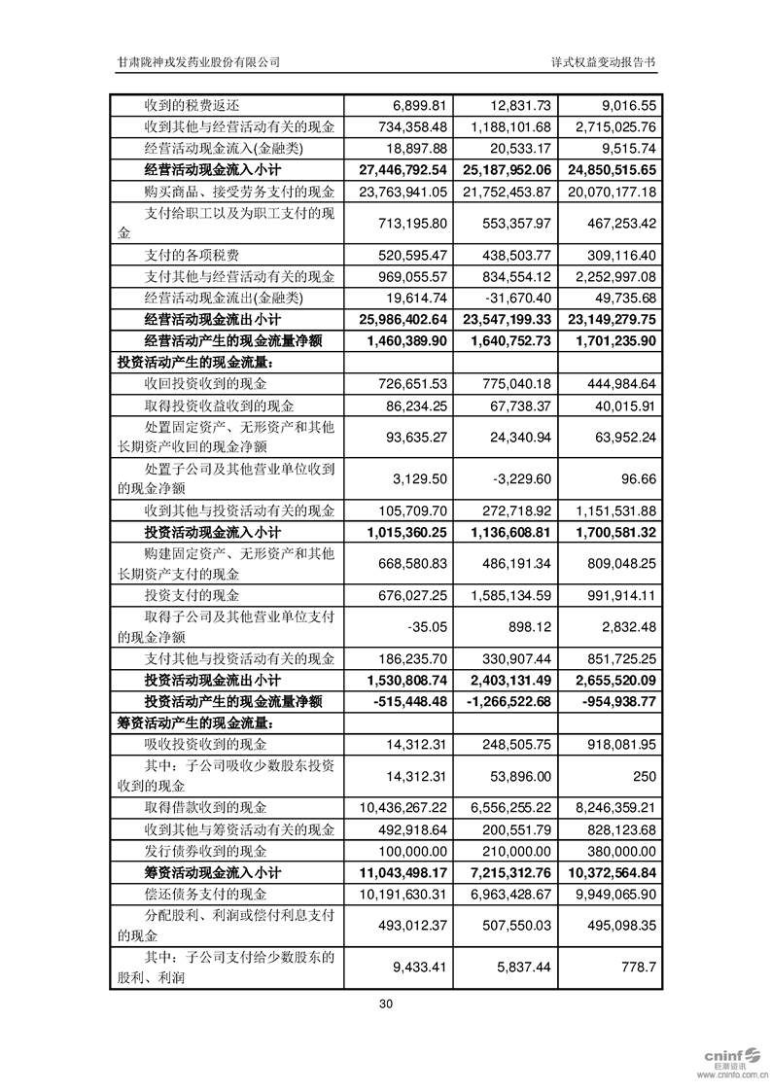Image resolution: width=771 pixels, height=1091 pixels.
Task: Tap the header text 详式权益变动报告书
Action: (x=603, y=61)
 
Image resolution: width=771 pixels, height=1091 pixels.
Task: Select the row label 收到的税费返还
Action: (x=190, y=105)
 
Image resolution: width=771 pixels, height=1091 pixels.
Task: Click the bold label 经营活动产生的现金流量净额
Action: (x=232, y=340)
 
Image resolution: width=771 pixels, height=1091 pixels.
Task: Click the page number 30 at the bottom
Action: (x=386, y=1003)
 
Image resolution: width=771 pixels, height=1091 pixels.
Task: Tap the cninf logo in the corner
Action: (x=730, y=1057)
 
